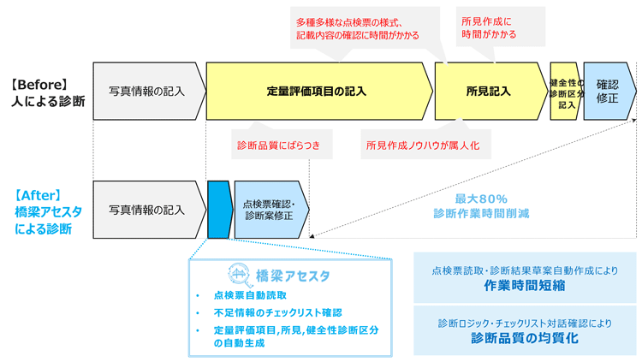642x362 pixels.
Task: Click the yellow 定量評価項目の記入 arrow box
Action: coord(317,91)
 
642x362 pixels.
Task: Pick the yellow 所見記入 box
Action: coord(489,91)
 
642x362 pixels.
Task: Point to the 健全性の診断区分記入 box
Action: coord(566,91)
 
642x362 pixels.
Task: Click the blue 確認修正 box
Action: coord(608,91)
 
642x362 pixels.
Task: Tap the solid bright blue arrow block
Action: coord(219,210)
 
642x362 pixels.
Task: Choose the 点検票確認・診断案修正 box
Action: coord(269,210)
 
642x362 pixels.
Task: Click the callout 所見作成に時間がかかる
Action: coord(489,27)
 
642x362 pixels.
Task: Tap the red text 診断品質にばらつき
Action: coord(279,145)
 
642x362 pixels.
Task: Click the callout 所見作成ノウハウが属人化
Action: coord(423,145)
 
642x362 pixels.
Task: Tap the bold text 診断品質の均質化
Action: coord(525,338)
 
